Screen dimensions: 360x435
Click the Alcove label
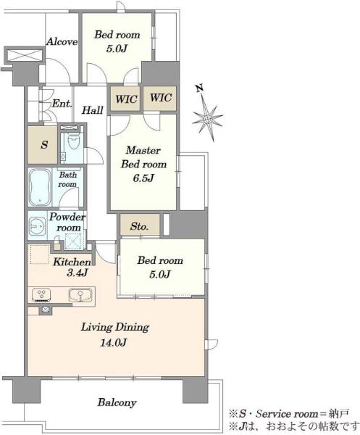tap(62, 42)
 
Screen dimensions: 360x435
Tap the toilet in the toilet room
tap(73, 142)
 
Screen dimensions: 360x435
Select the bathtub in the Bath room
tap(40, 187)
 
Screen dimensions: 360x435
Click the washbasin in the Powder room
tap(37, 226)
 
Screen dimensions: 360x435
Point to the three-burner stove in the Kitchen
tap(41, 295)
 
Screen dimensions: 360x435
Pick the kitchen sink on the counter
tap(80, 295)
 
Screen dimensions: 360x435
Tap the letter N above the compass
tap(200, 88)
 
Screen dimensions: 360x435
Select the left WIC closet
tap(125, 99)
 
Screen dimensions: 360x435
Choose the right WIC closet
tap(160, 99)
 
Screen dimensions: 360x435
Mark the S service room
tap(42, 144)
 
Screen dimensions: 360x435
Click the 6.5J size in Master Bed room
tap(143, 178)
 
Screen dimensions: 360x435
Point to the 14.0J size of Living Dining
tap(114, 343)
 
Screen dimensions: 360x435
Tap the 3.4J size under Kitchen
tap(77, 273)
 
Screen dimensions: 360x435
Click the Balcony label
tap(117, 402)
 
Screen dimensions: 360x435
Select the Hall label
tap(92, 110)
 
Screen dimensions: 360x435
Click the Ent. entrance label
tap(62, 104)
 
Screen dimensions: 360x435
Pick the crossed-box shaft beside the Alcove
tap(25, 54)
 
